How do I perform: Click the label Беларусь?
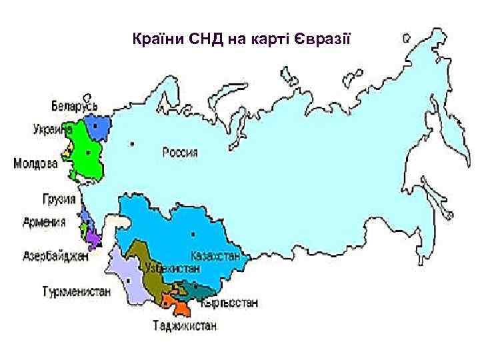tap(74, 106)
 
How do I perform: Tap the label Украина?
tap(53, 131)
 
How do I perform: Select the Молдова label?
tap(37, 163)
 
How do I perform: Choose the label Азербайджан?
tap(56, 255)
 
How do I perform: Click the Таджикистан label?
tap(183, 326)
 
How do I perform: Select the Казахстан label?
tap(215, 255)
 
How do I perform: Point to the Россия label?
tap(180, 152)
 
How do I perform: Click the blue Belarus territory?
tap(97, 128)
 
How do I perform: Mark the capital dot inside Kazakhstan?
tap(193, 234)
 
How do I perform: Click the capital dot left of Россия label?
tap(133, 143)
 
